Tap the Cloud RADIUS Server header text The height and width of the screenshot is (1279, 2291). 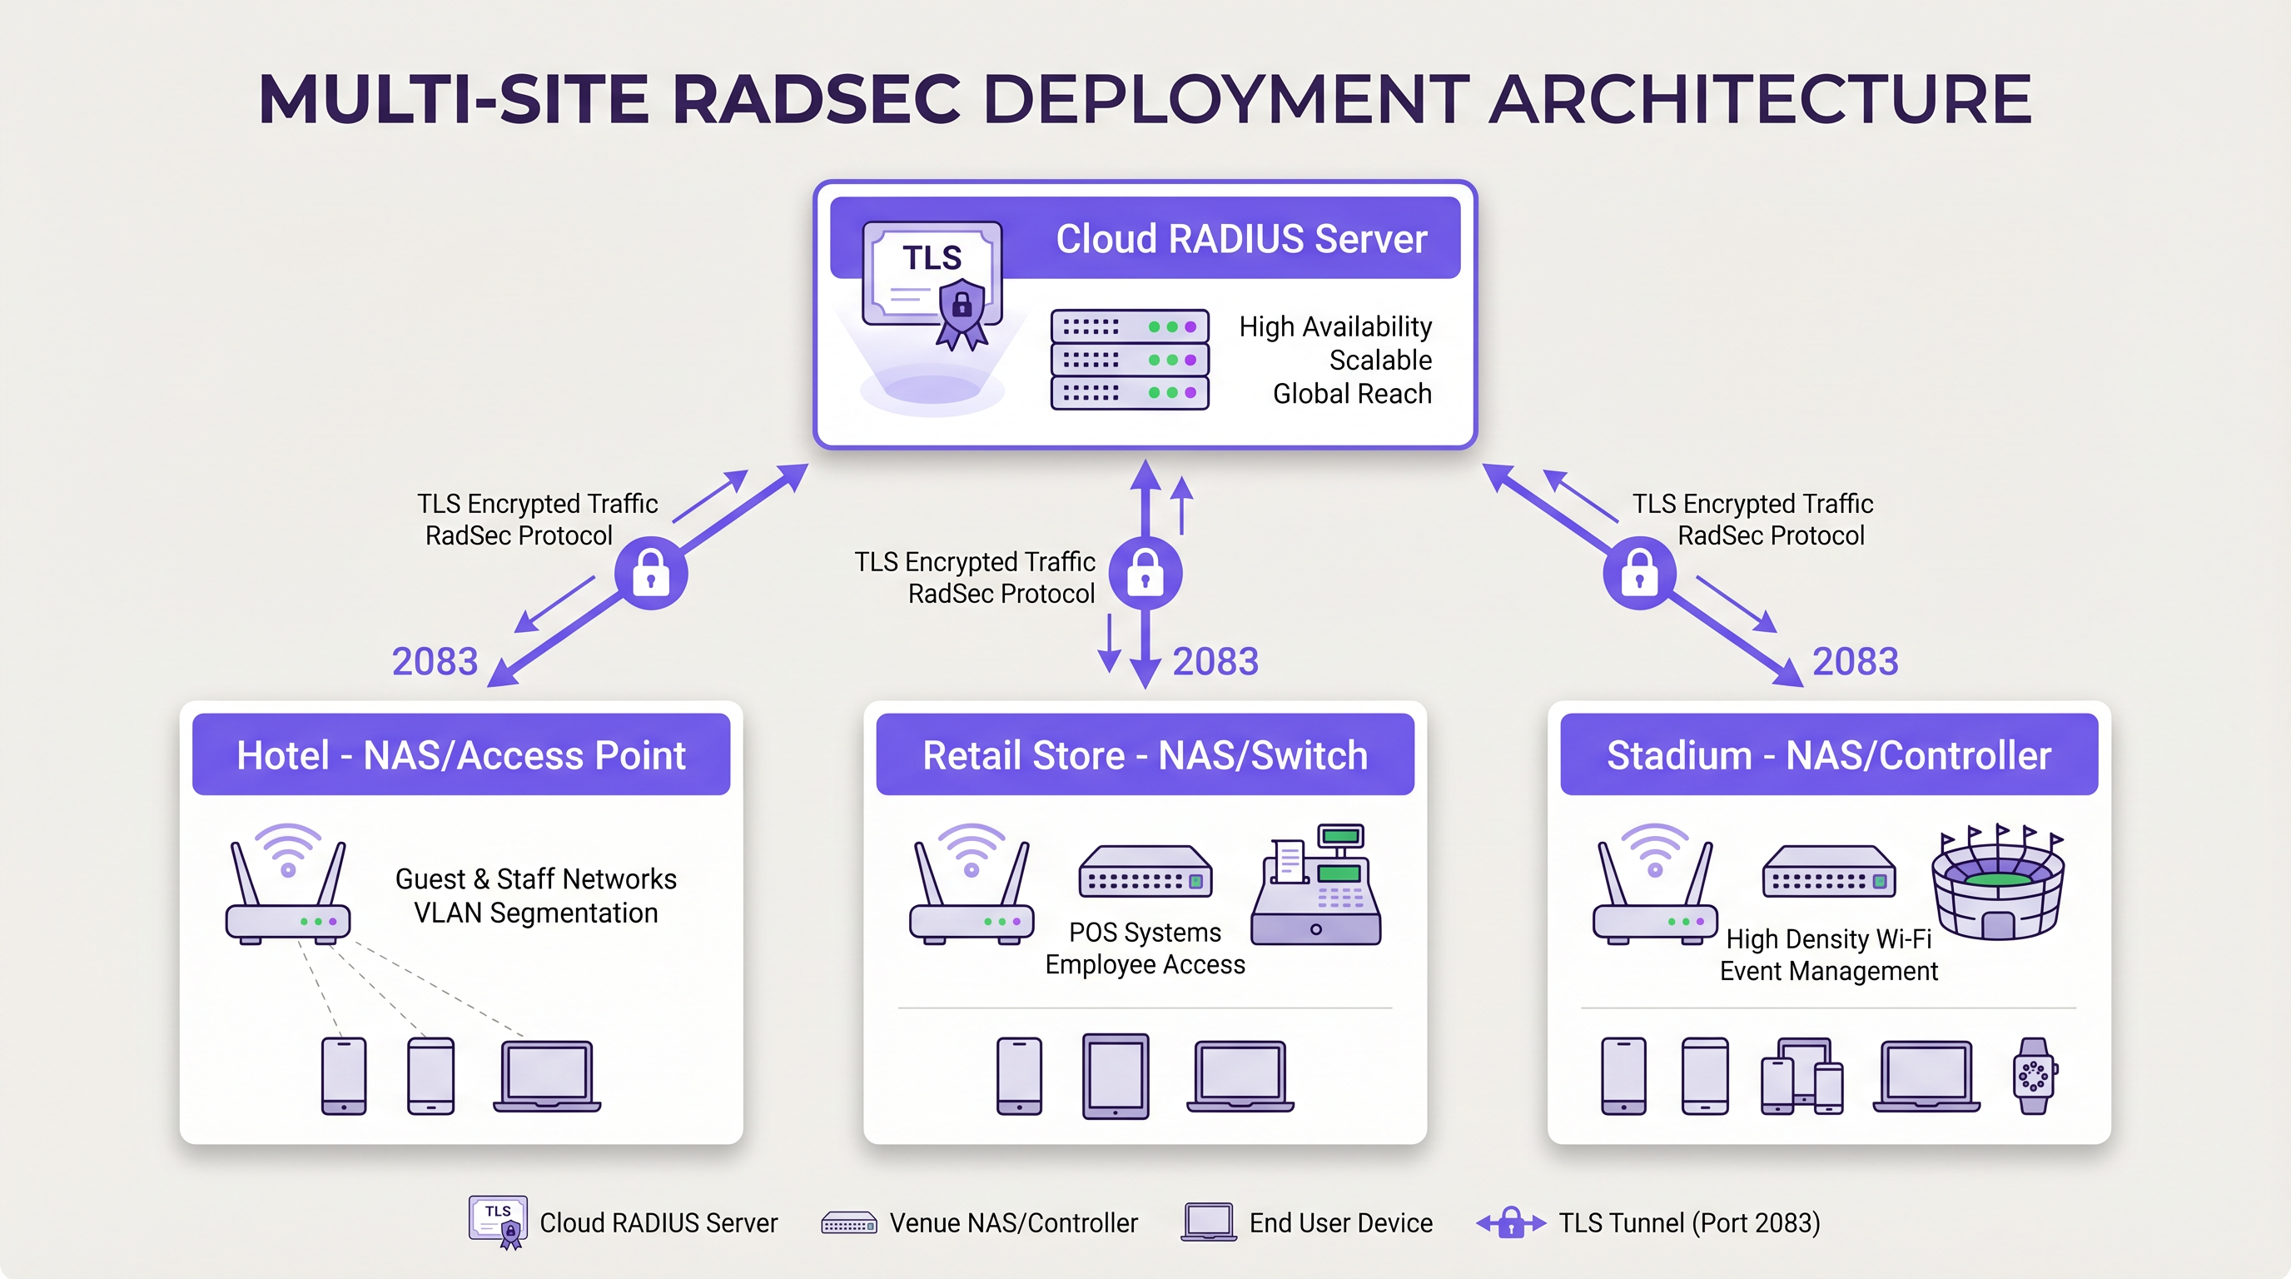[1240, 238]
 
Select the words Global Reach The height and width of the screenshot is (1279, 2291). [1352, 393]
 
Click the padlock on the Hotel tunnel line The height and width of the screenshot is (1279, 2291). [651, 574]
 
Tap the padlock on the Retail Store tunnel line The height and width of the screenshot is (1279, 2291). [1145, 574]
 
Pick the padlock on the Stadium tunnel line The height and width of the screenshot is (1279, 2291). [1639, 574]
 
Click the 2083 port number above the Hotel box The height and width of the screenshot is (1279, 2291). [435, 662]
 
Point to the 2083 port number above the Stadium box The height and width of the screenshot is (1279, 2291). [1856, 662]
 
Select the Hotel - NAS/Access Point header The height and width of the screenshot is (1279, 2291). [460, 755]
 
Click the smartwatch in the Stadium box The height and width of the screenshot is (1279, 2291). [2034, 1075]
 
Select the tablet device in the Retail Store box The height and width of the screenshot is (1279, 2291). [1116, 1075]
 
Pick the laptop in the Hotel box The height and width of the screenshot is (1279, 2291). [547, 1075]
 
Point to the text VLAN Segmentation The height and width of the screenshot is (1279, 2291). [535, 913]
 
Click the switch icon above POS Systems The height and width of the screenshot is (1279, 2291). [1145, 872]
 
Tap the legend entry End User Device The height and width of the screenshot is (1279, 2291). [1340, 1223]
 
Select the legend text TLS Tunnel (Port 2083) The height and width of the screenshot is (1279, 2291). [1689, 1223]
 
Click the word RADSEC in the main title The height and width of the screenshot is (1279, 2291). [816, 97]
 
